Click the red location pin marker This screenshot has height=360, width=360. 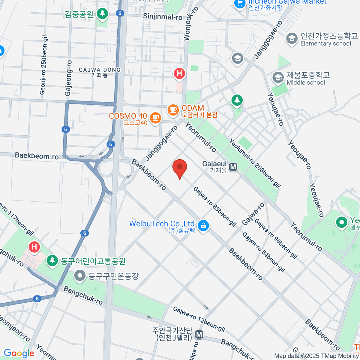pos(180,167)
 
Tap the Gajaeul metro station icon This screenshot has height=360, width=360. pos(233,167)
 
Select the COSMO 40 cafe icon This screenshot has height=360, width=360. pos(155,118)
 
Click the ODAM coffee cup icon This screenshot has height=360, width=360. pos(173,109)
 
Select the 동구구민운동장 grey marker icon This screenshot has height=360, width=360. pos(80,276)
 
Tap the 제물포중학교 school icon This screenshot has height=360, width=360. pos(278,78)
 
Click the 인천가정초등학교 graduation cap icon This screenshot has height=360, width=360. pos(292,39)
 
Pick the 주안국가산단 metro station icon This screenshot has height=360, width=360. pos(199,334)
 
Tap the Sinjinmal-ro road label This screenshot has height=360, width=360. pos(163,16)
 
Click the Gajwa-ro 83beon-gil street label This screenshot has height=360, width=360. pos(214,206)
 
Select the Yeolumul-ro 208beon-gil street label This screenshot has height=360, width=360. pos(255,163)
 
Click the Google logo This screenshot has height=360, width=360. pos(19,353)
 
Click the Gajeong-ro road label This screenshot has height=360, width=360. pos(69,78)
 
